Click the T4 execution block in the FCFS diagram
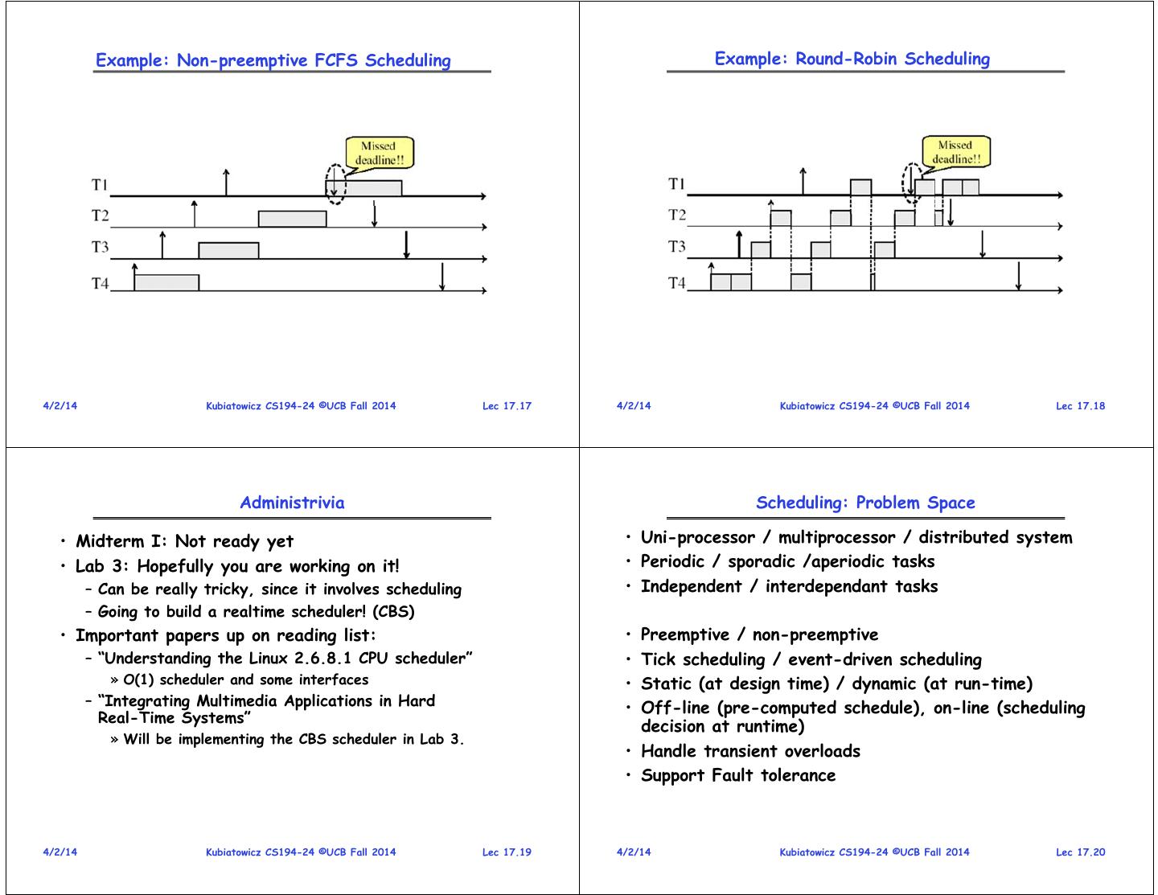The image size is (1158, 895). coord(166,282)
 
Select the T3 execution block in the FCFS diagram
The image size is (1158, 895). coord(228,250)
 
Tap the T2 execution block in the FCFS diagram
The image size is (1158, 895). coord(293,219)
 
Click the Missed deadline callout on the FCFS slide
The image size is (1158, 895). coord(380,153)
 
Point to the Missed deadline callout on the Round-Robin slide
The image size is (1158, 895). coord(956,152)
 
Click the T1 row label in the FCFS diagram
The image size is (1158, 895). coord(100,185)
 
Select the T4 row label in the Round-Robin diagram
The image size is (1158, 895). coord(677,283)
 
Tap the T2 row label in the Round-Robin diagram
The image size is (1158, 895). coord(677,215)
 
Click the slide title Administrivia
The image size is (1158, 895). coord(292,503)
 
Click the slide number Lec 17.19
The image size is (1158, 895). coord(507,852)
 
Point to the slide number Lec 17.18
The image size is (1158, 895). coord(1080,406)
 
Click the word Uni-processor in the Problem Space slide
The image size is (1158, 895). coord(698,537)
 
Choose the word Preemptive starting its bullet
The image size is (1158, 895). coord(685,634)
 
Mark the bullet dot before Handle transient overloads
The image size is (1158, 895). coord(629,752)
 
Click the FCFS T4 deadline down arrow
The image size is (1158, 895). coord(441,277)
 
